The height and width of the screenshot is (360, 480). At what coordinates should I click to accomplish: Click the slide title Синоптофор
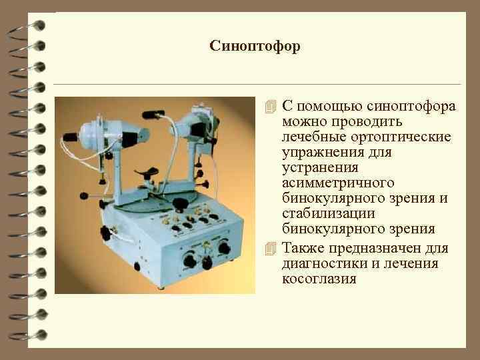coord(255,46)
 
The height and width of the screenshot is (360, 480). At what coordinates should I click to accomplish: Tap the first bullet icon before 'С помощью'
coord(270,107)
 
